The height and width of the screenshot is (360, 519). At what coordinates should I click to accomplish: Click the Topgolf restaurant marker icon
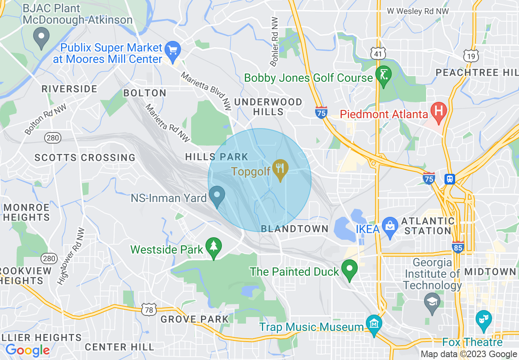click(280, 169)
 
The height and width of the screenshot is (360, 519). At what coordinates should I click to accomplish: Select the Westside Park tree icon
click(213, 247)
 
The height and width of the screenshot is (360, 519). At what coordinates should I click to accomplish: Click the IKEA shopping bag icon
click(390, 227)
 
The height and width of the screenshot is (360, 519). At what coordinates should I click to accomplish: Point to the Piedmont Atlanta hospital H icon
click(438, 112)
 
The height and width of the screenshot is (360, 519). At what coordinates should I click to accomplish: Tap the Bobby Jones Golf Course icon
click(384, 76)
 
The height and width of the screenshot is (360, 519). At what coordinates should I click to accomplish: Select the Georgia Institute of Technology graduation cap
click(432, 303)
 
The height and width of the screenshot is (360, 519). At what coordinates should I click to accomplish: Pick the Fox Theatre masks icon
click(483, 320)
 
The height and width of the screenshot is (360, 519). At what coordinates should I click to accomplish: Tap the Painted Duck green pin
click(350, 269)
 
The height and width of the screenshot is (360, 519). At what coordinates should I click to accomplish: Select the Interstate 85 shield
click(458, 247)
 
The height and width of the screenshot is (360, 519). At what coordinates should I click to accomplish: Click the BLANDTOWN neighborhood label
click(295, 229)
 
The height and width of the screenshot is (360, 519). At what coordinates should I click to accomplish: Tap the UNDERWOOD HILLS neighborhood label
click(268, 106)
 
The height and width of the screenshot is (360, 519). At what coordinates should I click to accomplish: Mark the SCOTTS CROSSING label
click(85, 157)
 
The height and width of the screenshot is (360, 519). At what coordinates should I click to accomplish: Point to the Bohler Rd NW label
click(275, 42)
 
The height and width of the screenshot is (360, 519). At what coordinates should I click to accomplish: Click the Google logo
click(27, 350)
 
